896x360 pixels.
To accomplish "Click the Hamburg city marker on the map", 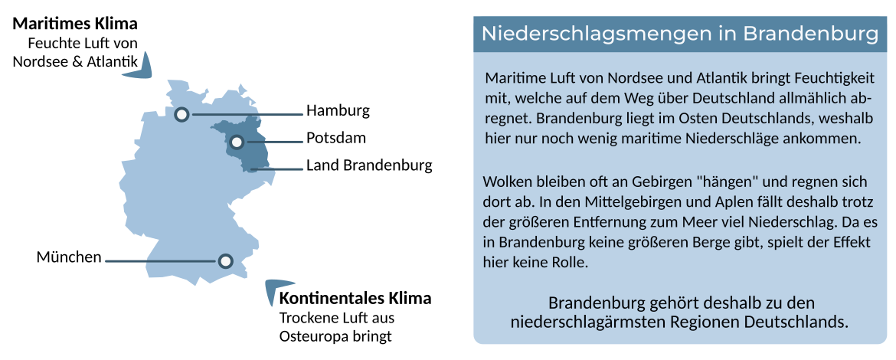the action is click(x=181, y=114).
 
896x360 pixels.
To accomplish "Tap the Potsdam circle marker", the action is click(x=237, y=142).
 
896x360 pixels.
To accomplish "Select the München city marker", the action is click(x=226, y=261).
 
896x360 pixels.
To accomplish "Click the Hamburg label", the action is click(x=338, y=111).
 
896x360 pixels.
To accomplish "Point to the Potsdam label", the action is click(x=336, y=138).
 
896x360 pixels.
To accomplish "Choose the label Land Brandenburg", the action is click(x=369, y=165).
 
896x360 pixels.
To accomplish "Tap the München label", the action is click(x=69, y=257).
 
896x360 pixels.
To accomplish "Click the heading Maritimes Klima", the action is click(x=75, y=25).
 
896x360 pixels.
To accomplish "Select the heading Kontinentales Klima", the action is click(x=355, y=298).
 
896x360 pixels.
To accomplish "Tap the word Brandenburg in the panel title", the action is click(x=809, y=34).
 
